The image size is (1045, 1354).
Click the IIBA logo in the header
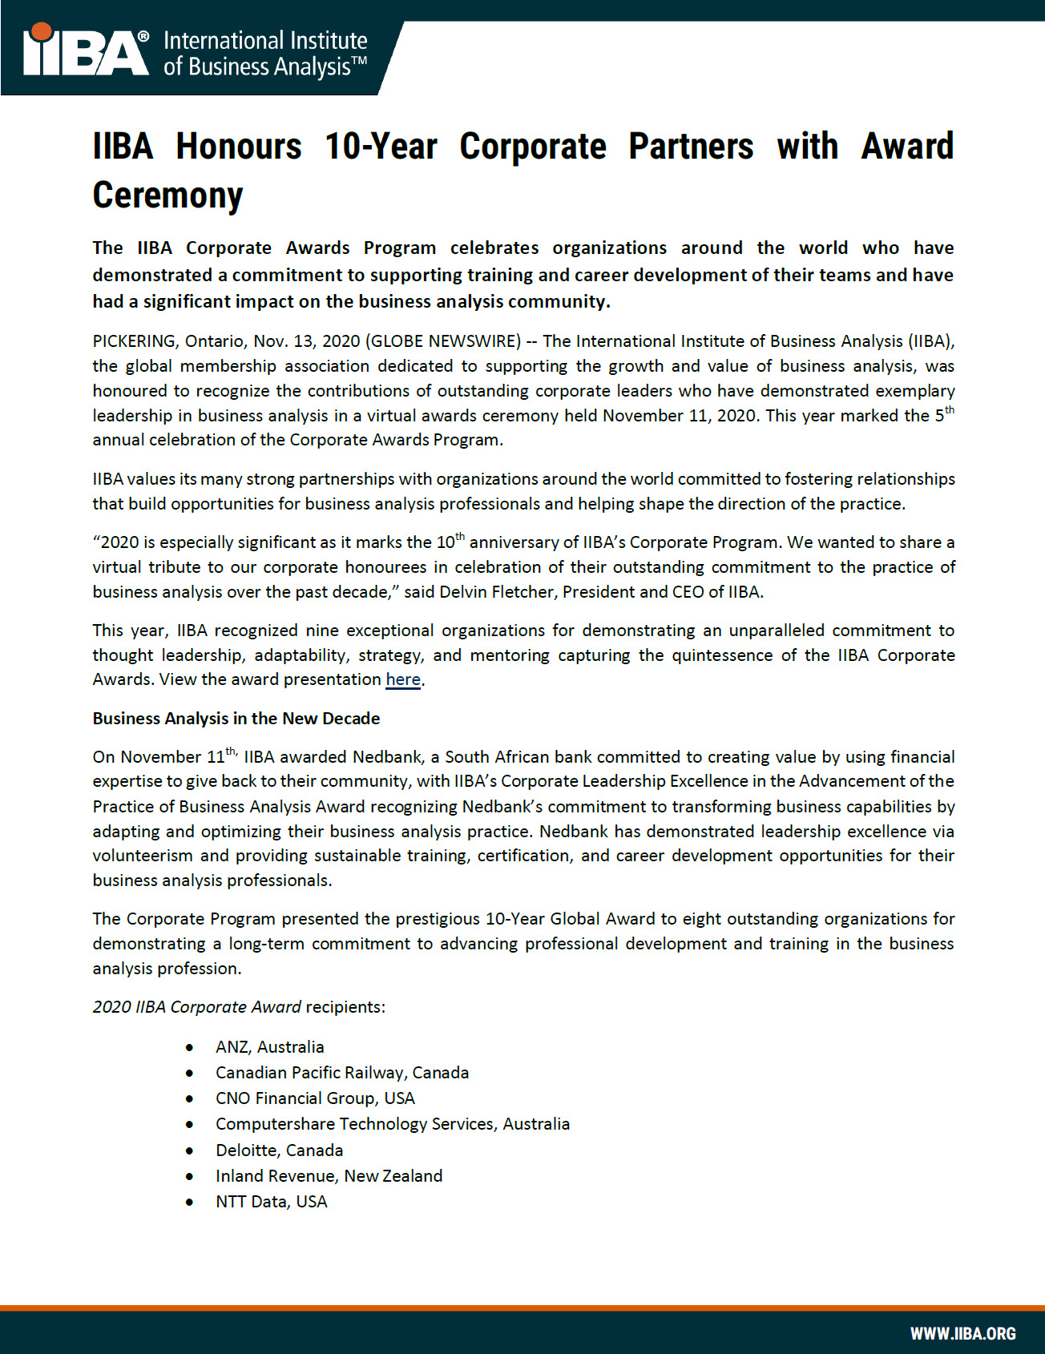coord(87,53)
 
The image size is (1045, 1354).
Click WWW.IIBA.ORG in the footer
coord(962,1333)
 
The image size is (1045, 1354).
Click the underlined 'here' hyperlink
coord(403,679)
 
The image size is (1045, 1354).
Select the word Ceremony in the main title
coord(167,195)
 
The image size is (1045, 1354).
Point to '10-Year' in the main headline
coord(381,147)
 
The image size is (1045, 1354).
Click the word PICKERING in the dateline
coord(134,341)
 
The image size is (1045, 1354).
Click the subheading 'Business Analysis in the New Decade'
coord(236,719)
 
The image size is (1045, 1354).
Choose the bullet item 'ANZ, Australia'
coord(269,1047)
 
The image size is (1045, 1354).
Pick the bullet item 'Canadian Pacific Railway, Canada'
coord(342,1073)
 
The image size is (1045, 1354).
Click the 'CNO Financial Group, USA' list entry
coord(315,1098)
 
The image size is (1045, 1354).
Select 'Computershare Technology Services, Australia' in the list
coord(393,1124)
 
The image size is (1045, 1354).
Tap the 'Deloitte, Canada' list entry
coord(279,1150)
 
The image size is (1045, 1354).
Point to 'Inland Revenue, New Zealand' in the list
coord(329,1176)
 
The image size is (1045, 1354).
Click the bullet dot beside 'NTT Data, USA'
coord(190,1202)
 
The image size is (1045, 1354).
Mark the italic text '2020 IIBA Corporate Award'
coord(197,1007)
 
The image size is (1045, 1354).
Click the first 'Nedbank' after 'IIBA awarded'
coord(387,757)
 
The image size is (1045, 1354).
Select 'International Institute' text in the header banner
coord(265,41)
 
